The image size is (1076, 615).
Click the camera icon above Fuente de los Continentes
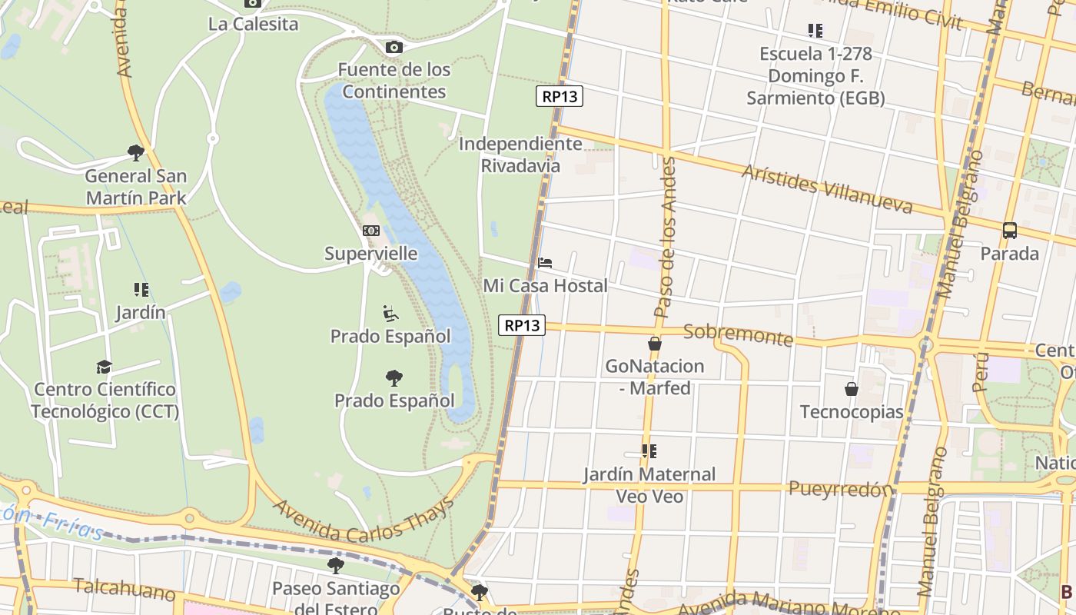coord(394,48)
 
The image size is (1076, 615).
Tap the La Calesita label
coord(253,24)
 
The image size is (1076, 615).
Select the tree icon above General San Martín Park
coord(136,153)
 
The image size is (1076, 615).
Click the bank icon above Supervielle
coord(371,231)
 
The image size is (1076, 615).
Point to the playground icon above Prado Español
coord(390,314)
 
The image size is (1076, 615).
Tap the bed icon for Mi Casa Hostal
coord(545,263)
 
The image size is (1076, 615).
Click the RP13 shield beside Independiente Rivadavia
coord(560,96)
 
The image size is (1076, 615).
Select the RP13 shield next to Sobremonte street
coord(522,325)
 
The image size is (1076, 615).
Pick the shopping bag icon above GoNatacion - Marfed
coord(655,343)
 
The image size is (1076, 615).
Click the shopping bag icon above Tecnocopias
coord(852,389)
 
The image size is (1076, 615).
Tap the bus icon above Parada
coord(1010,230)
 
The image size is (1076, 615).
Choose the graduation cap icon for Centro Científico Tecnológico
coord(105,367)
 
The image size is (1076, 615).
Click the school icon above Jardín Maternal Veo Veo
coord(649,451)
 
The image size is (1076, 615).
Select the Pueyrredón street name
coord(842,488)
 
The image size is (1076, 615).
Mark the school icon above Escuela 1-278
coord(815,31)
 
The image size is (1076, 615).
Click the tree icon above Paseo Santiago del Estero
coord(336,566)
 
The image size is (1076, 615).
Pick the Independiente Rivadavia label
coord(520,155)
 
